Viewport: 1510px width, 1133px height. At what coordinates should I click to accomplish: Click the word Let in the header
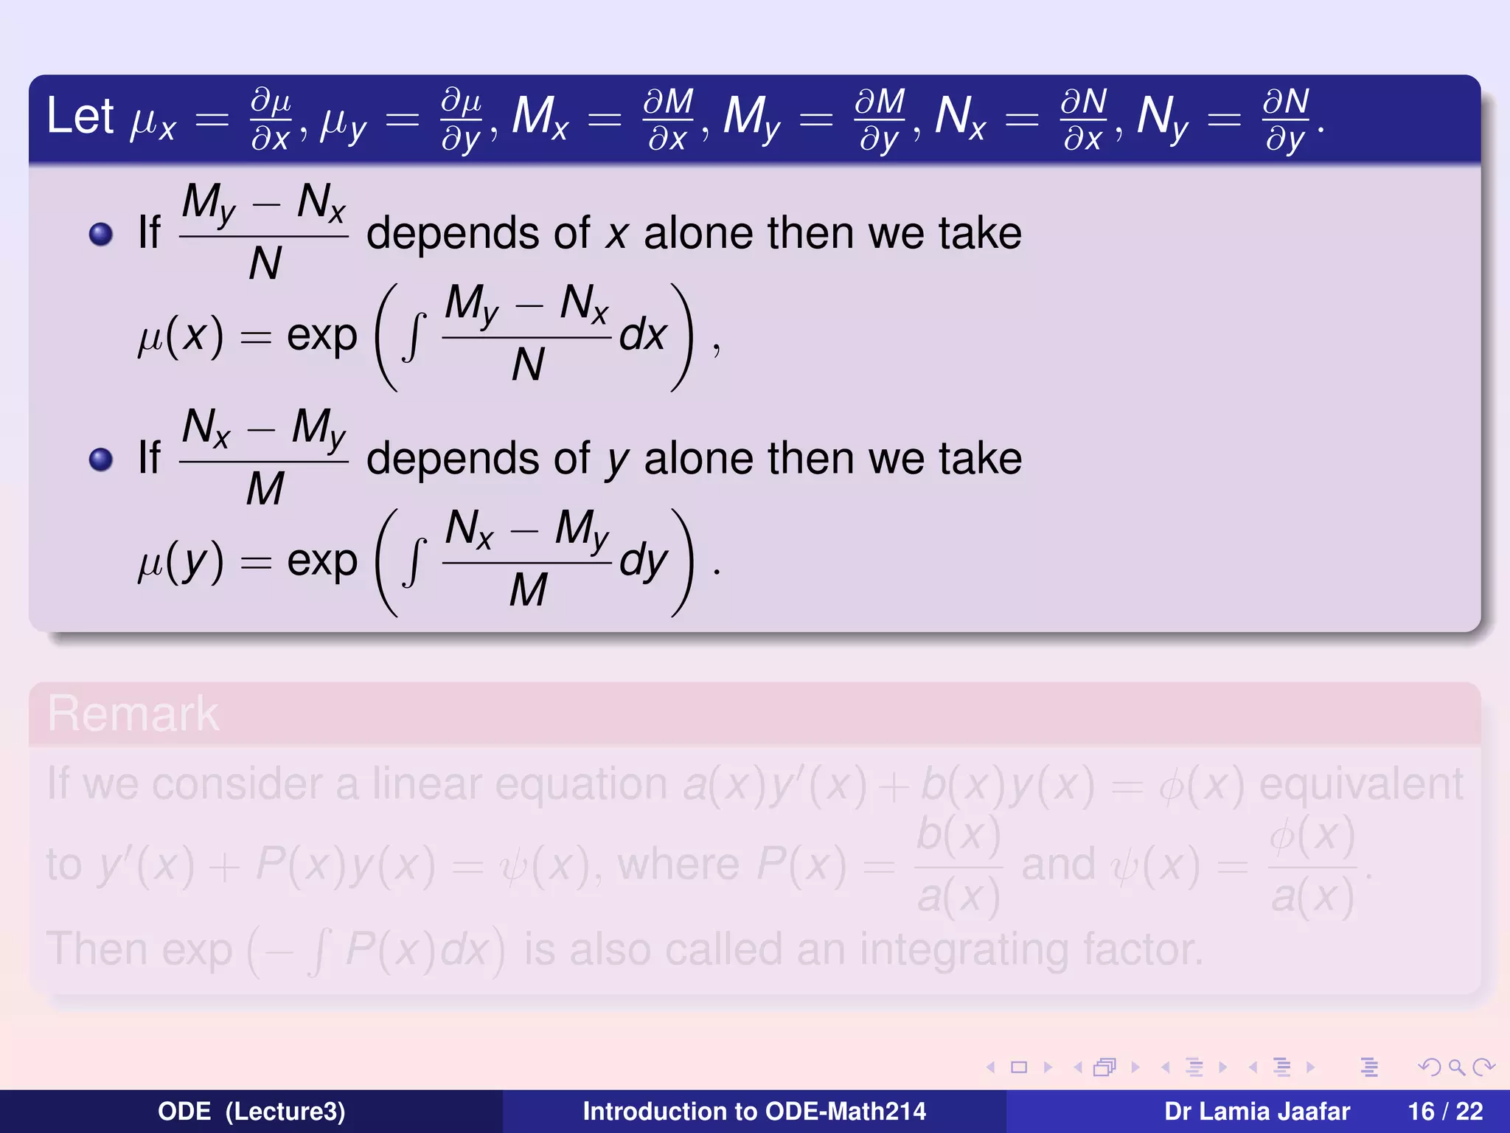click(x=80, y=117)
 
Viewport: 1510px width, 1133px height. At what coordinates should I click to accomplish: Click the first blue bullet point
click(x=100, y=235)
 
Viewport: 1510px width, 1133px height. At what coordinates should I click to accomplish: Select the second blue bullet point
click(x=100, y=460)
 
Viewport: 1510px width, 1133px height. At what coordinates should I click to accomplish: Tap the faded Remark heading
click(x=133, y=714)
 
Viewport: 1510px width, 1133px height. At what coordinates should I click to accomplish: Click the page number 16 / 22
click(x=1445, y=1111)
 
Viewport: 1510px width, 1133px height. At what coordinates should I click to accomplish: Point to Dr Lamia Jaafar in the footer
click(x=1256, y=1111)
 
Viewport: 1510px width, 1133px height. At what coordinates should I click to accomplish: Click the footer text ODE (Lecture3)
click(x=251, y=1111)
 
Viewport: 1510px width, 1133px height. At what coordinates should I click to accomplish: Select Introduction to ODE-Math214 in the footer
click(x=754, y=1111)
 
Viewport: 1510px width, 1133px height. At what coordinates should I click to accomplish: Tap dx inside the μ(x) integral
click(x=643, y=336)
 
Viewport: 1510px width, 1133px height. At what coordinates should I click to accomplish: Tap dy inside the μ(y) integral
click(x=643, y=562)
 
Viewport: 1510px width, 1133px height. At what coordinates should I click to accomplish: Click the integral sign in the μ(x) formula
click(x=414, y=337)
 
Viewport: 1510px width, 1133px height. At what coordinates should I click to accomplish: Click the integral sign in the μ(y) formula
click(x=414, y=563)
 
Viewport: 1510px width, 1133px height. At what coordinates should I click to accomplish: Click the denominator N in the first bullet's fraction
click(x=265, y=263)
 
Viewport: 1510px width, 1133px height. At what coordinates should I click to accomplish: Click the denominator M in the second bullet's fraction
click(x=265, y=488)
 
